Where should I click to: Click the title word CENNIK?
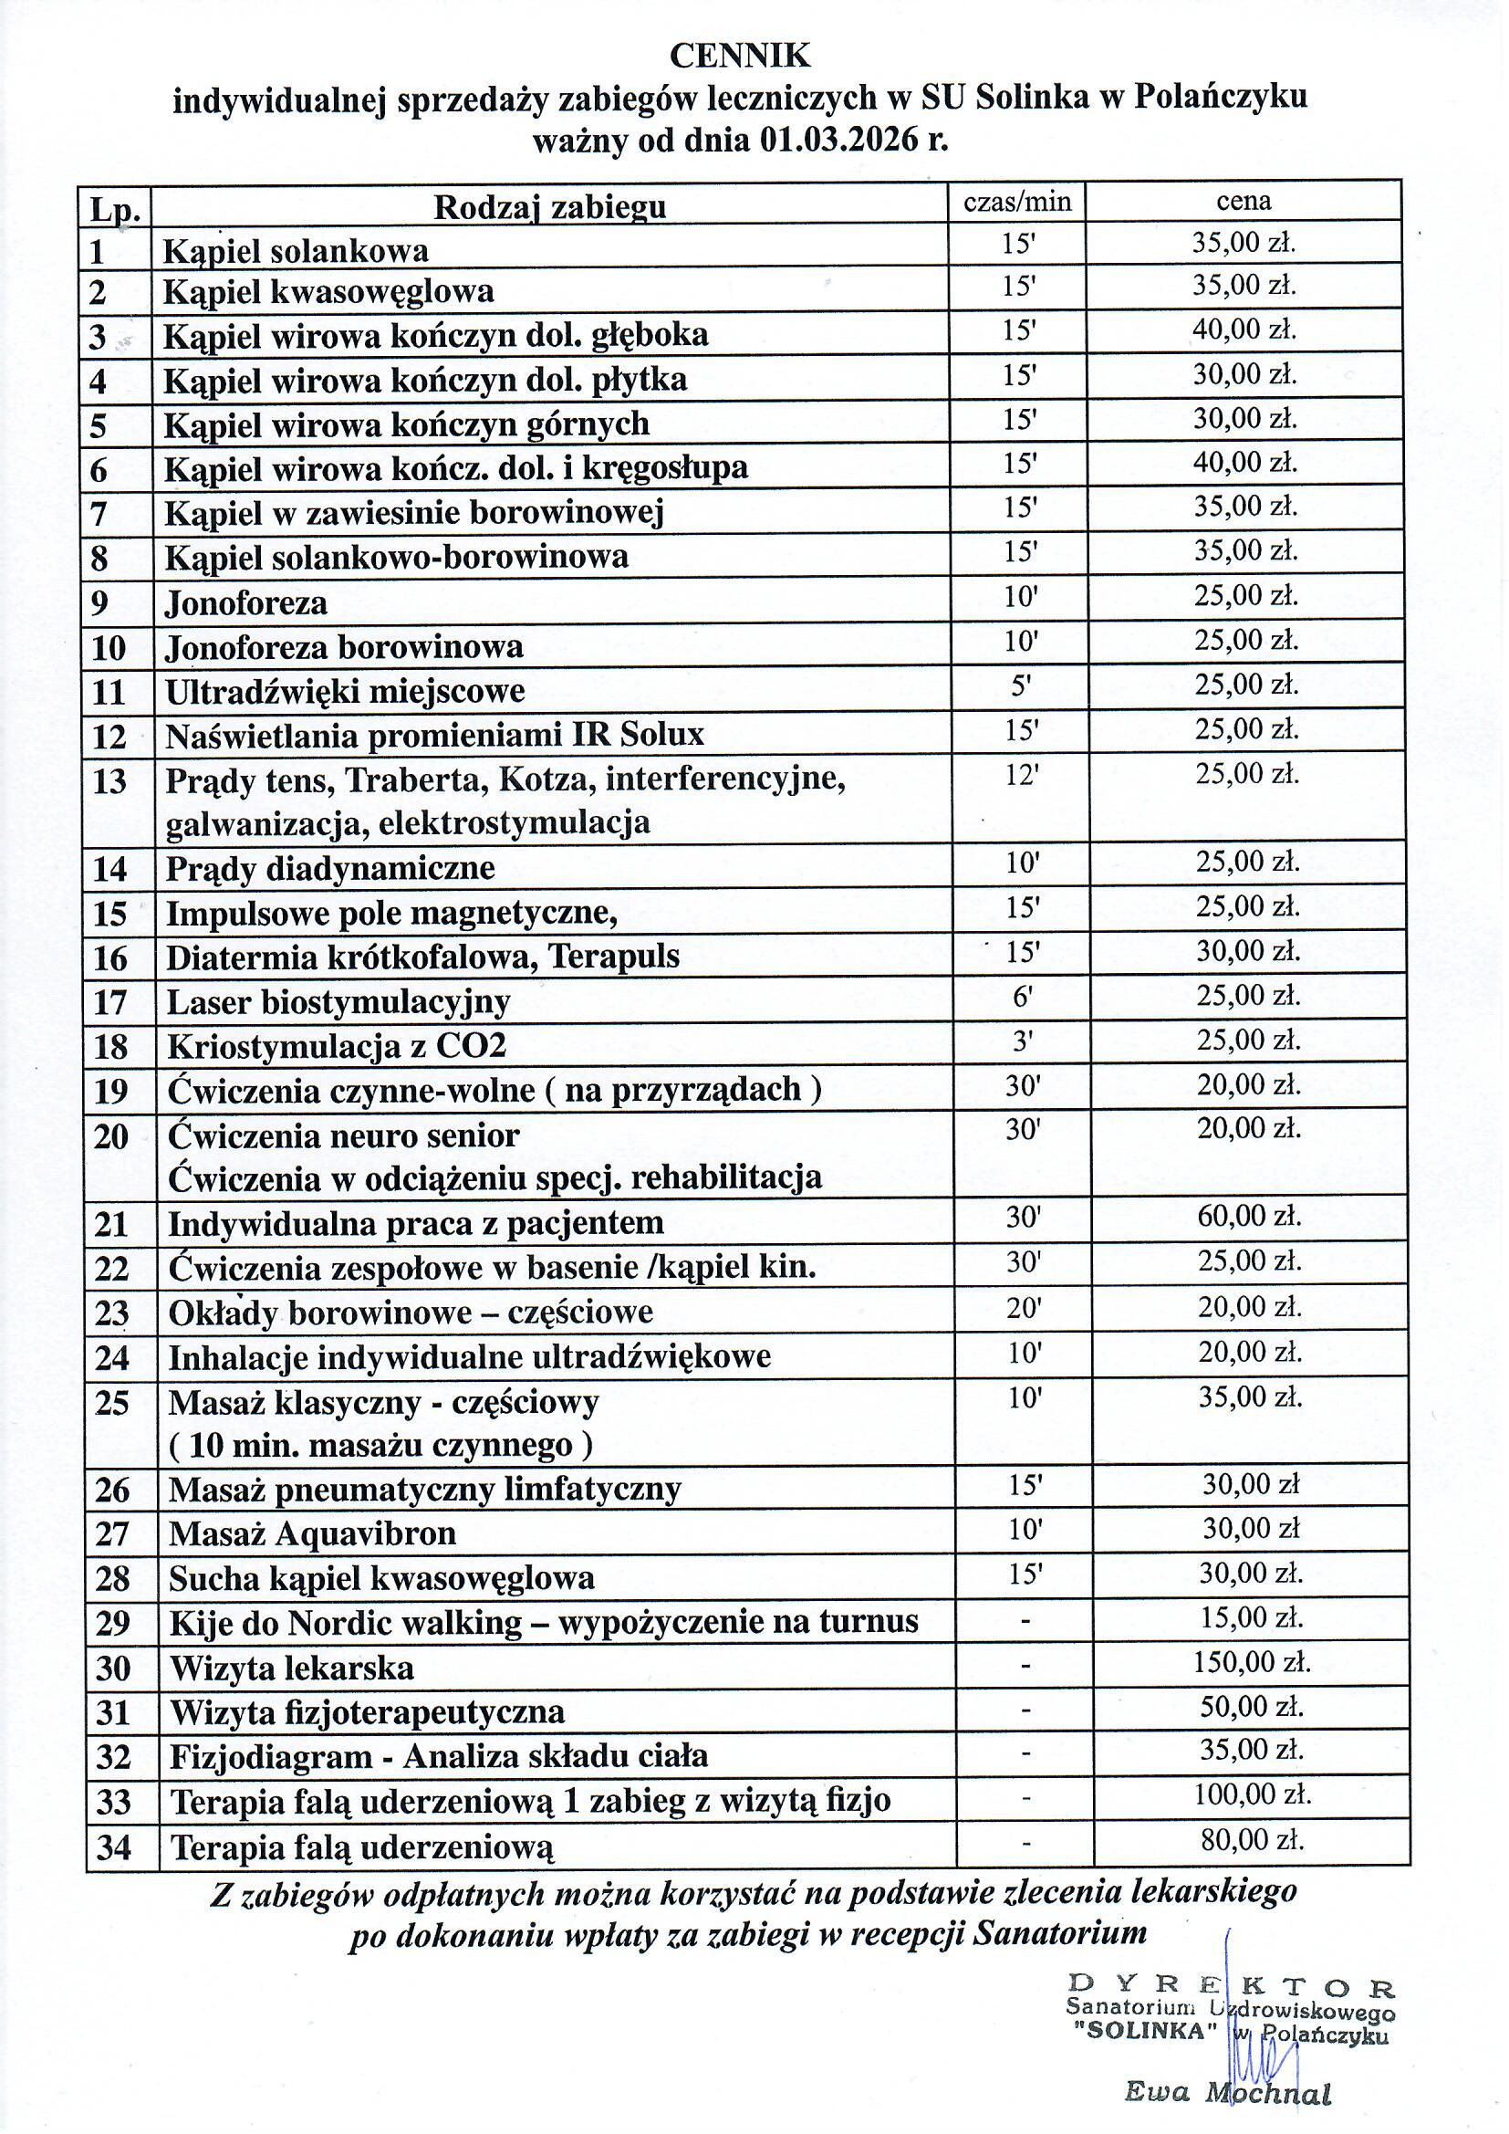[740, 57]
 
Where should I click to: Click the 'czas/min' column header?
[1017, 201]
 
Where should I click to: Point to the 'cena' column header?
[1244, 201]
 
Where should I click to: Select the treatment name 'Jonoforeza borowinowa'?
[344, 646]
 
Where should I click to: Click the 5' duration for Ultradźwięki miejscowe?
[1019, 686]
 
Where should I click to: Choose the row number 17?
[110, 1002]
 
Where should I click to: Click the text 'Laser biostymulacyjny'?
[338, 1002]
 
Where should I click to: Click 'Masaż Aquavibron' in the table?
[312, 1533]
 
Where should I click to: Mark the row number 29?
[112, 1624]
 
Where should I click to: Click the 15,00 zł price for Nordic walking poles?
[1251, 1617]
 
